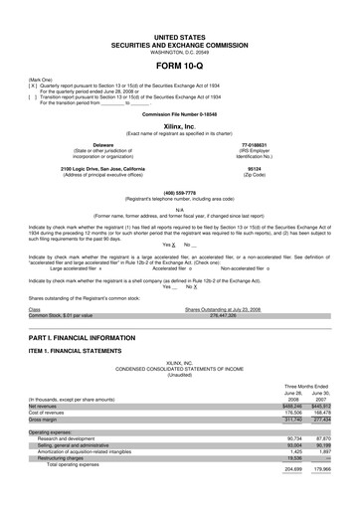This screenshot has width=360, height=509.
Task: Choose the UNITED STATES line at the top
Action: (179, 36)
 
